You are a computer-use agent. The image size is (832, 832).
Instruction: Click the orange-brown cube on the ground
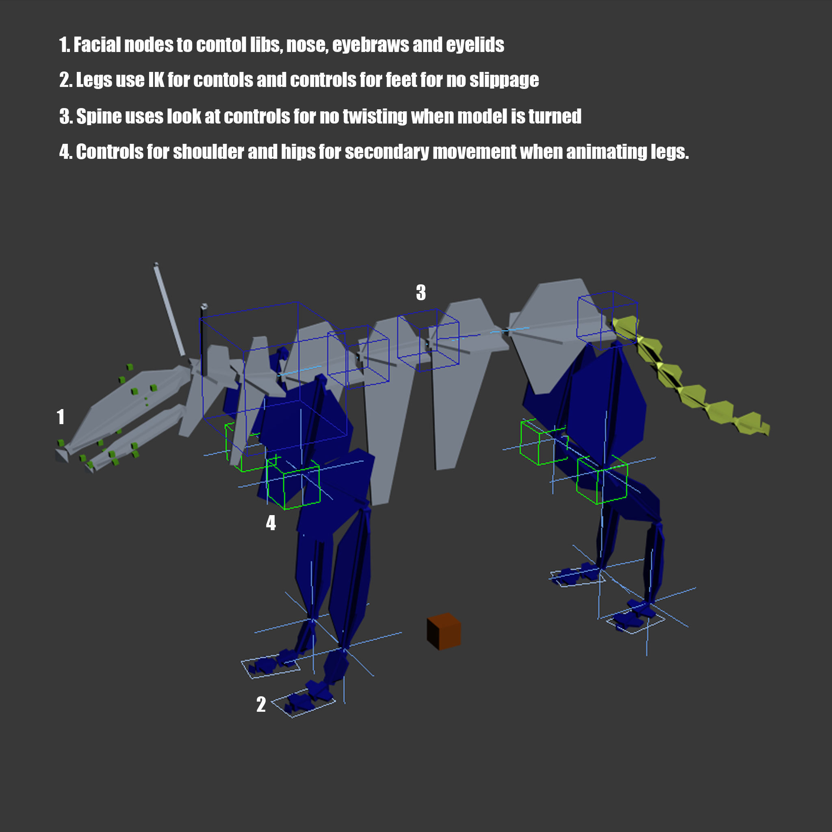click(444, 631)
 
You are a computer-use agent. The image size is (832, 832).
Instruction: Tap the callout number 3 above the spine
click(421, 293)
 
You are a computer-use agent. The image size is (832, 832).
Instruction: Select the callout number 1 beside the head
click(61, 417)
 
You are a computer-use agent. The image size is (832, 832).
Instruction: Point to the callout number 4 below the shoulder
click(271, 523)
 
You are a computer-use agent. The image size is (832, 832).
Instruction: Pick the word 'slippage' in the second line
click(504, 80)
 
